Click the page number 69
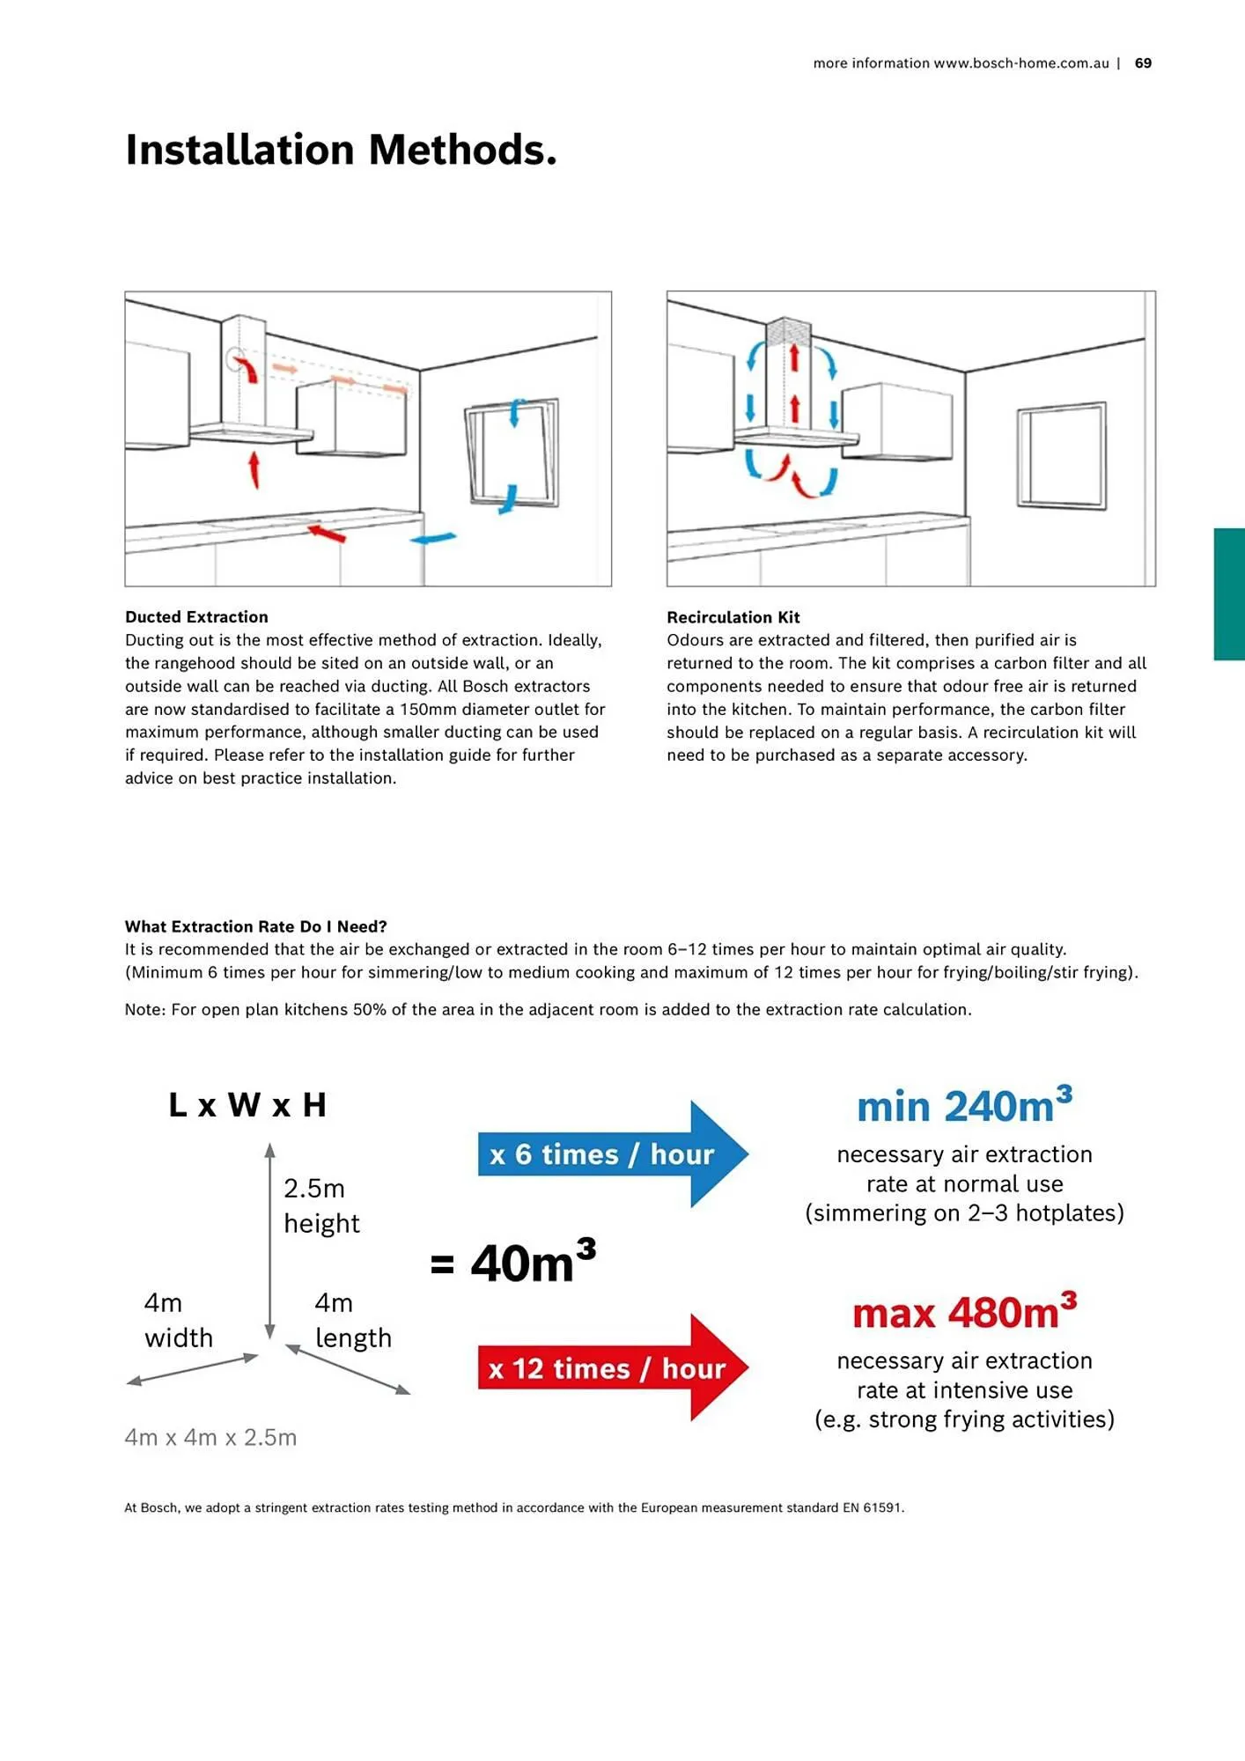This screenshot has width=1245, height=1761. pos(1143,63)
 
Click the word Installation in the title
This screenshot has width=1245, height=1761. pos(240,150)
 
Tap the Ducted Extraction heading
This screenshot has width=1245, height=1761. pos(196,617)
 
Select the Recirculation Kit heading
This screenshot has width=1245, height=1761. pos(733,617)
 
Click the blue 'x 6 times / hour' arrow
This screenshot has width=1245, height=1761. pos(608,1154)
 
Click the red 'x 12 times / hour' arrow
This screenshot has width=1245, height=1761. pos(608,1368)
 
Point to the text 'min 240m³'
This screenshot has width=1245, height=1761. pos(964,1107)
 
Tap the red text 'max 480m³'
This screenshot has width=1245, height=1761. pos(964,1313)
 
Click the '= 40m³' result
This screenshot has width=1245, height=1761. pos(513,1263)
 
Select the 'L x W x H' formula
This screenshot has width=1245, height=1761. pos(247,1105)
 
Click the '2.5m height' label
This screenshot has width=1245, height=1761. pos(321,1205)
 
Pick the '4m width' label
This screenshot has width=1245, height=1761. pos(178,1320)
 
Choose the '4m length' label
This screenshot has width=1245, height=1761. pos(352,1320)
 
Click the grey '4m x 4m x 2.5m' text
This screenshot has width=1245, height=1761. pos(210,1437)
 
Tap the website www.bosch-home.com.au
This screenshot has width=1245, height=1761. pos(1020,63)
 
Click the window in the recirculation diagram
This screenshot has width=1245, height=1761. pos(1061,455)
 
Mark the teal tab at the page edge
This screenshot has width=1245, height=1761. pos(1229,593)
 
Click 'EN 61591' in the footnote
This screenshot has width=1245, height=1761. pos(873,1507)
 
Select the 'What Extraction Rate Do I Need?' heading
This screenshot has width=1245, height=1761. pos(255,926)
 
